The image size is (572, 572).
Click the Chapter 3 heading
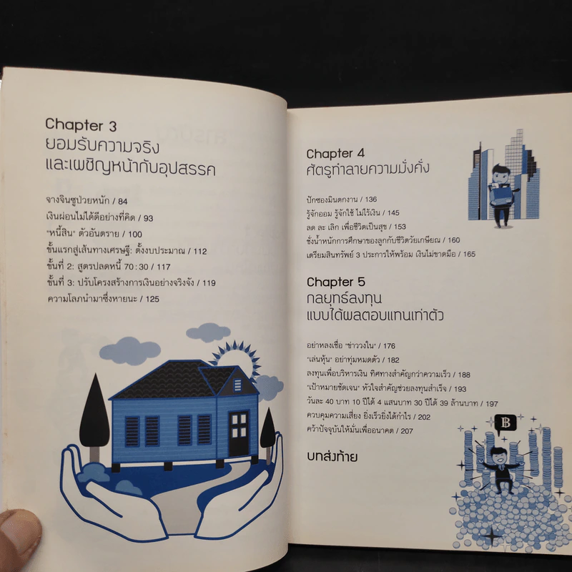pos(81,124)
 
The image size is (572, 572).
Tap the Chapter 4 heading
pos(335,154)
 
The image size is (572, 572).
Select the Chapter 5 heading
pos(336,282)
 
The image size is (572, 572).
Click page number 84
pos(122,201)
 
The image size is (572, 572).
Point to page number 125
pos(152,299)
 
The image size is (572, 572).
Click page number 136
pos(370,199)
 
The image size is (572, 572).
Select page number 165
pos(469,254)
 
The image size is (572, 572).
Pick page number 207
pos(407,431)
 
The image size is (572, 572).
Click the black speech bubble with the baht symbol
pos(506,424)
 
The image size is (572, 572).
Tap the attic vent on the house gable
pos(238,385)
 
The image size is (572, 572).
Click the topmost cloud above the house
pos(208,332)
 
